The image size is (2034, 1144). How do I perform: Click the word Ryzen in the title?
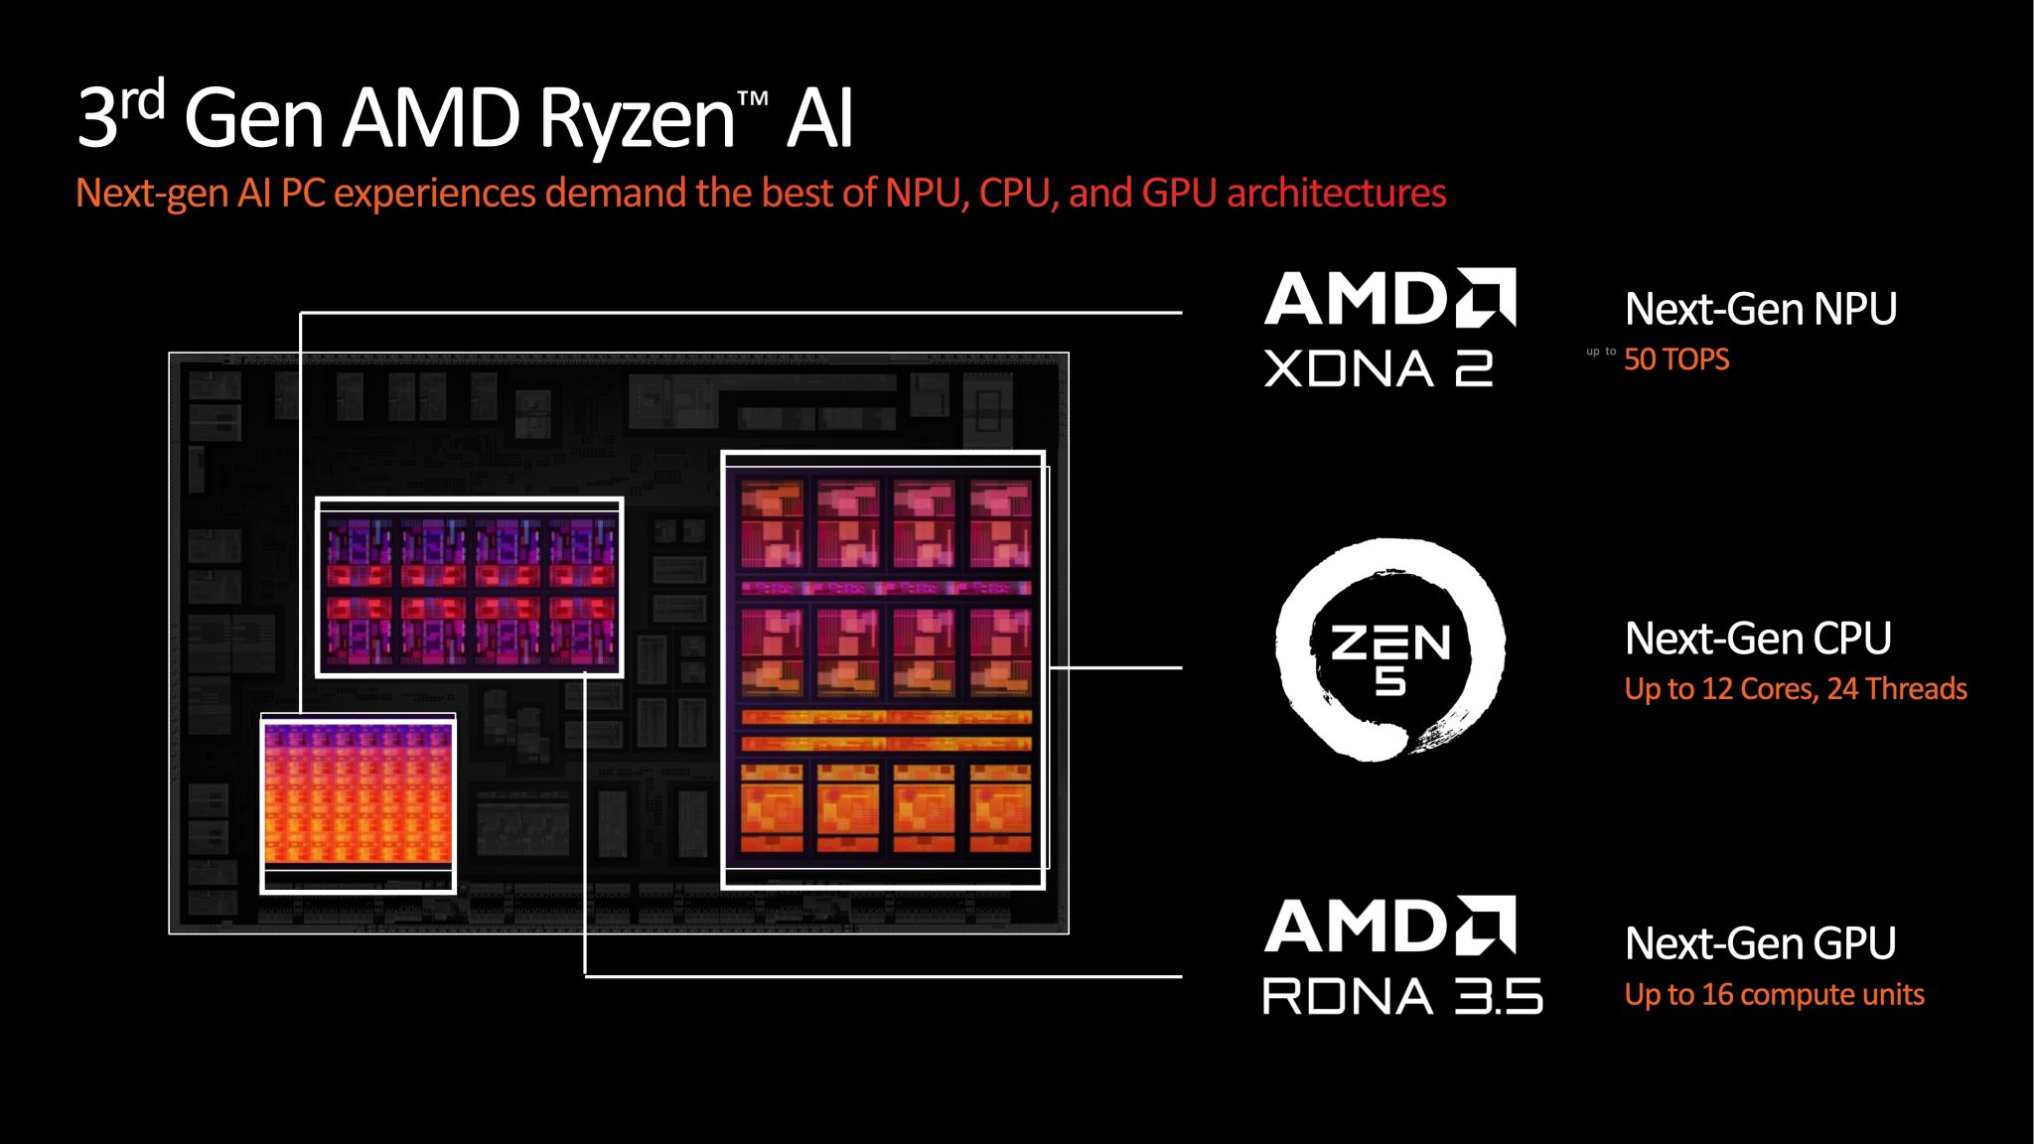[x=637, y=119]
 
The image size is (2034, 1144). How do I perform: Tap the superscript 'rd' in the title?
[x=143, y=100]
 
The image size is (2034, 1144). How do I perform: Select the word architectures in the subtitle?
[x=1336, y=193]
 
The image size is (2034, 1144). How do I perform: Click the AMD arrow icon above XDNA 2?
[x=1486, y=297]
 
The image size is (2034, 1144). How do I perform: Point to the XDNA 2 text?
[x=1378, y=368]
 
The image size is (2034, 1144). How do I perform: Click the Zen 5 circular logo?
[x=1390, y=650]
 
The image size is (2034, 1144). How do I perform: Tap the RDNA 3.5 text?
[x=1401, y=996]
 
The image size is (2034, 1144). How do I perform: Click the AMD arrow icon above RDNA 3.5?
[x=1486, y=925]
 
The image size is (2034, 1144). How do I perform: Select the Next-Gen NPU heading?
[x=1760, y=309]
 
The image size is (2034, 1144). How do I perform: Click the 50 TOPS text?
[x=1676, y=359]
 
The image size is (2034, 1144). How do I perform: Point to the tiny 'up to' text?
[x=1600, y=352]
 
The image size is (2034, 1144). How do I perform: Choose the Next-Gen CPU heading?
[x=1757, y=639]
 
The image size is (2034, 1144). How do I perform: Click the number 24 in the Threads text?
[x=1842, y=688]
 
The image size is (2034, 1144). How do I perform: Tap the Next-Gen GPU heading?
[x=1760, y=943]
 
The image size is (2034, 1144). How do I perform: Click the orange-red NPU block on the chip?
[x=358, y=794]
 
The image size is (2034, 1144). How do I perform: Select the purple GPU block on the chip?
[x=469, y=588]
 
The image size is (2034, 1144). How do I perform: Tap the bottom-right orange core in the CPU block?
[x=1001, y=806]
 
